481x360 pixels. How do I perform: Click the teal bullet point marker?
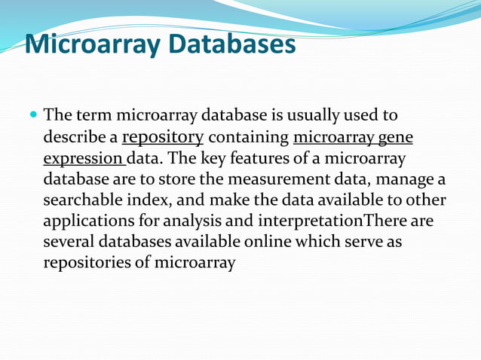point(32,117)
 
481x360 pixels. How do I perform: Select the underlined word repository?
point(163,138)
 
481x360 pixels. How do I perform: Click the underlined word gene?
point(396,138)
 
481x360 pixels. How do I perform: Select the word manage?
point(409,180)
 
